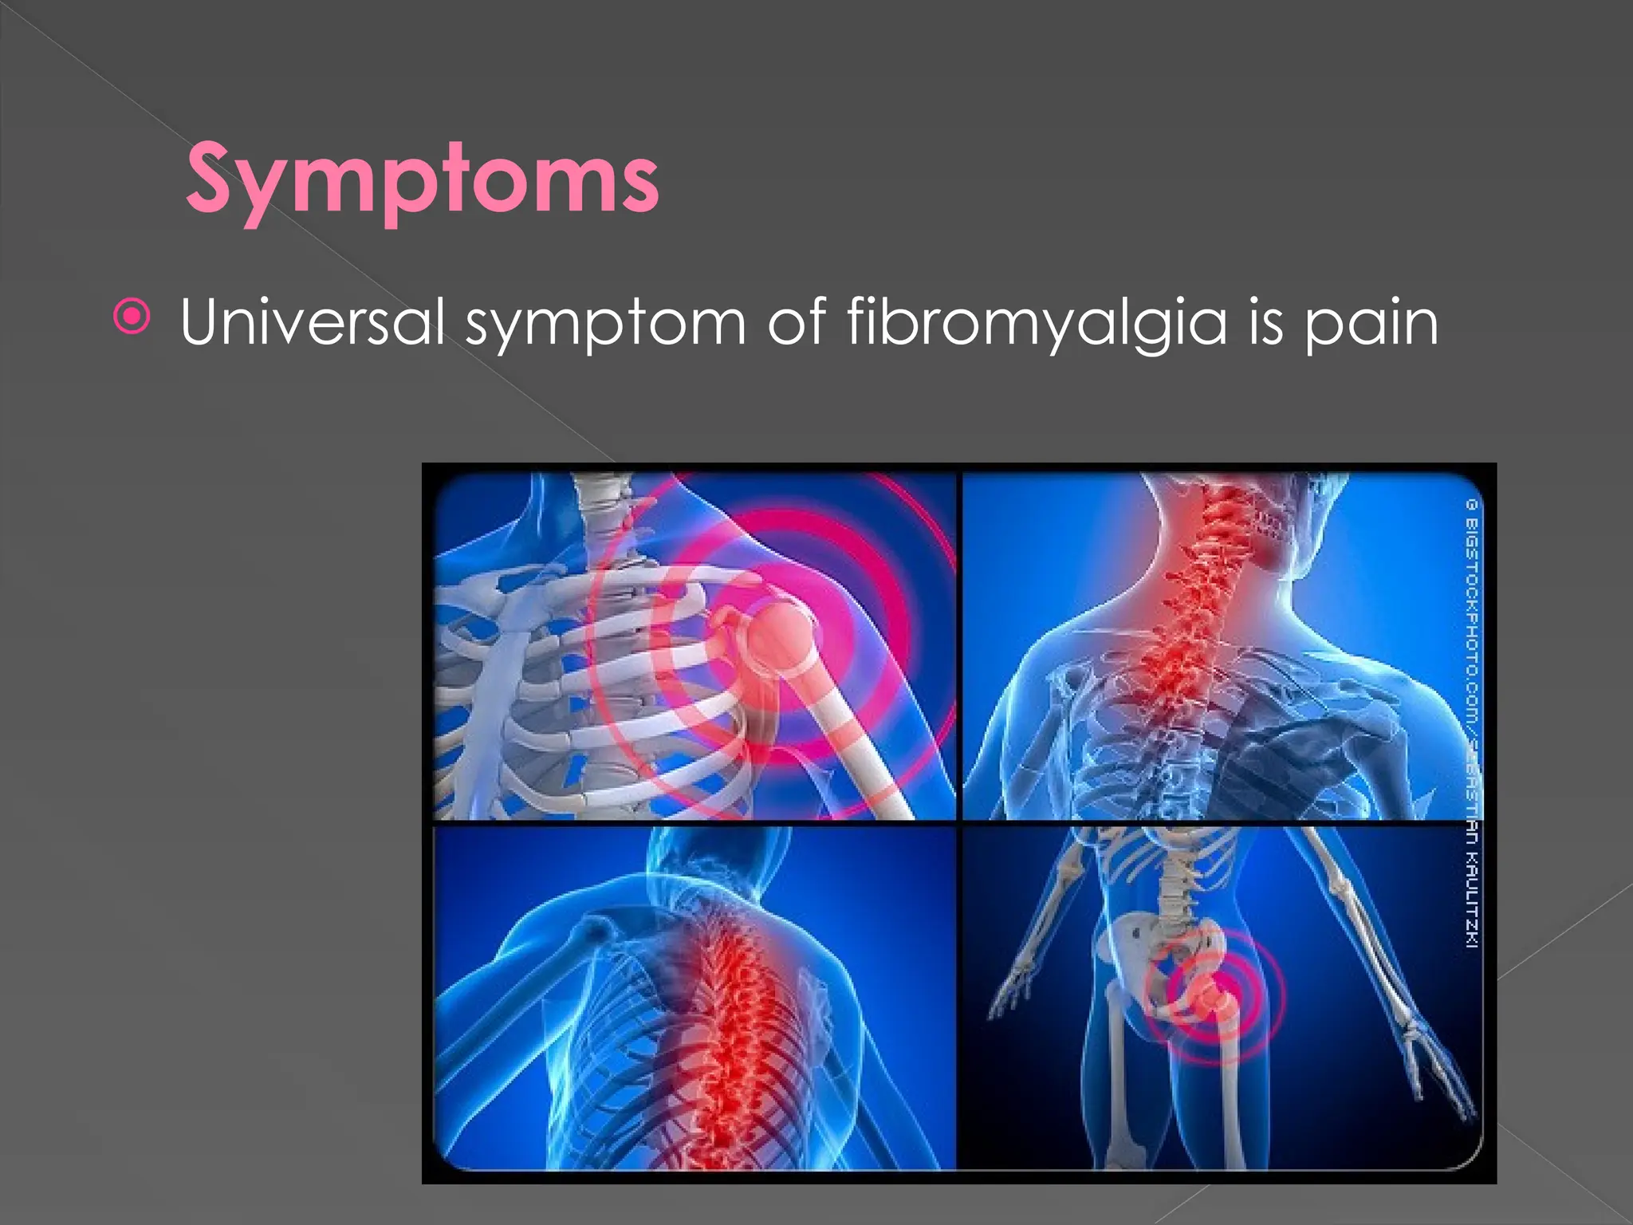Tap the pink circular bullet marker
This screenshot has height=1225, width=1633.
coord(132,317)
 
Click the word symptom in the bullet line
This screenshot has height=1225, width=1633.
coord(606,323)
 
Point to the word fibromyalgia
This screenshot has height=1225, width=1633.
coord(1037,323)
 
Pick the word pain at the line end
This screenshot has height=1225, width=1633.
coord(1371,323)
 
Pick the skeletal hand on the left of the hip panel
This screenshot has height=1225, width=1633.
coord(1009,989)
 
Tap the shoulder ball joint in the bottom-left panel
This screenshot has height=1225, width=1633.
coord(594,929)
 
